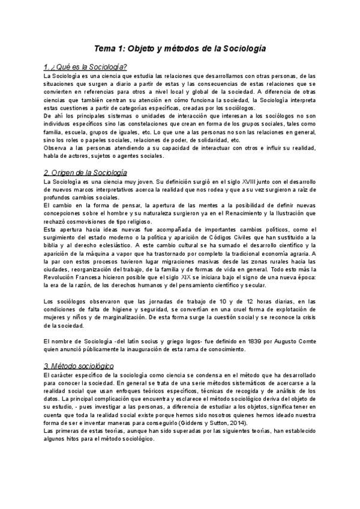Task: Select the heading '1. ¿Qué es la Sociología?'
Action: (x=83, y=67)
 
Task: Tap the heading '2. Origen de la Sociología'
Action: (x=85, y=172)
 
